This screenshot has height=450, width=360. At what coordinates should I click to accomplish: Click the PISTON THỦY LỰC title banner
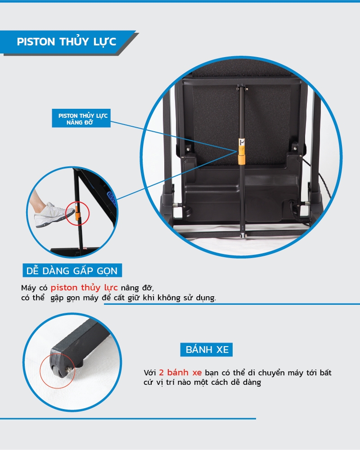click(67, 42)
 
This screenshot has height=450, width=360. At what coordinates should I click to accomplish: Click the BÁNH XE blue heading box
click(207, 349)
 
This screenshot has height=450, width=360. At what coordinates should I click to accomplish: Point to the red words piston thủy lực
click(84, 288)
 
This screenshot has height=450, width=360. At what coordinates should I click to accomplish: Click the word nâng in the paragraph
click(130, 288)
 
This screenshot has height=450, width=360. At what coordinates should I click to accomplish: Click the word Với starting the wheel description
click(150, 374)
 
